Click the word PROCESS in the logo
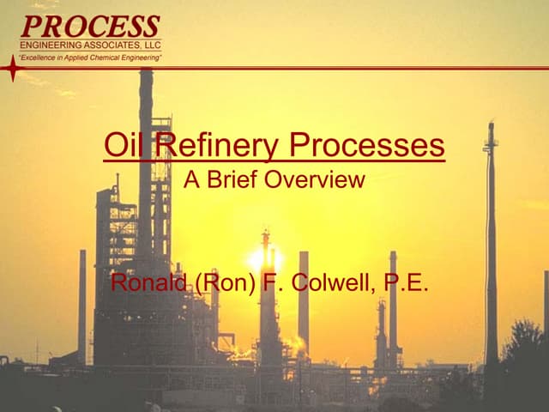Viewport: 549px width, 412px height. (x=90, y=26)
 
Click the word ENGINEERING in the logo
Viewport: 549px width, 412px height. (x=51, y=45)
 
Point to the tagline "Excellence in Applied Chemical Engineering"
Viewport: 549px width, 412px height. (x=90, y=57)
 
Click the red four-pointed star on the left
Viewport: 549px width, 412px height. (x=12, y=68)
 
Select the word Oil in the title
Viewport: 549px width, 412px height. (x=121, y=145)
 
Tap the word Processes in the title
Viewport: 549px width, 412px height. (x=368, y=145)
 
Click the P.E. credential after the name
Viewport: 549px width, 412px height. (x=407, y=282)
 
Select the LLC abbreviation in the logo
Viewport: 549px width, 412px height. (x=151, y=45)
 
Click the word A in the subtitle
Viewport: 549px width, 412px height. (x=192, y=181)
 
